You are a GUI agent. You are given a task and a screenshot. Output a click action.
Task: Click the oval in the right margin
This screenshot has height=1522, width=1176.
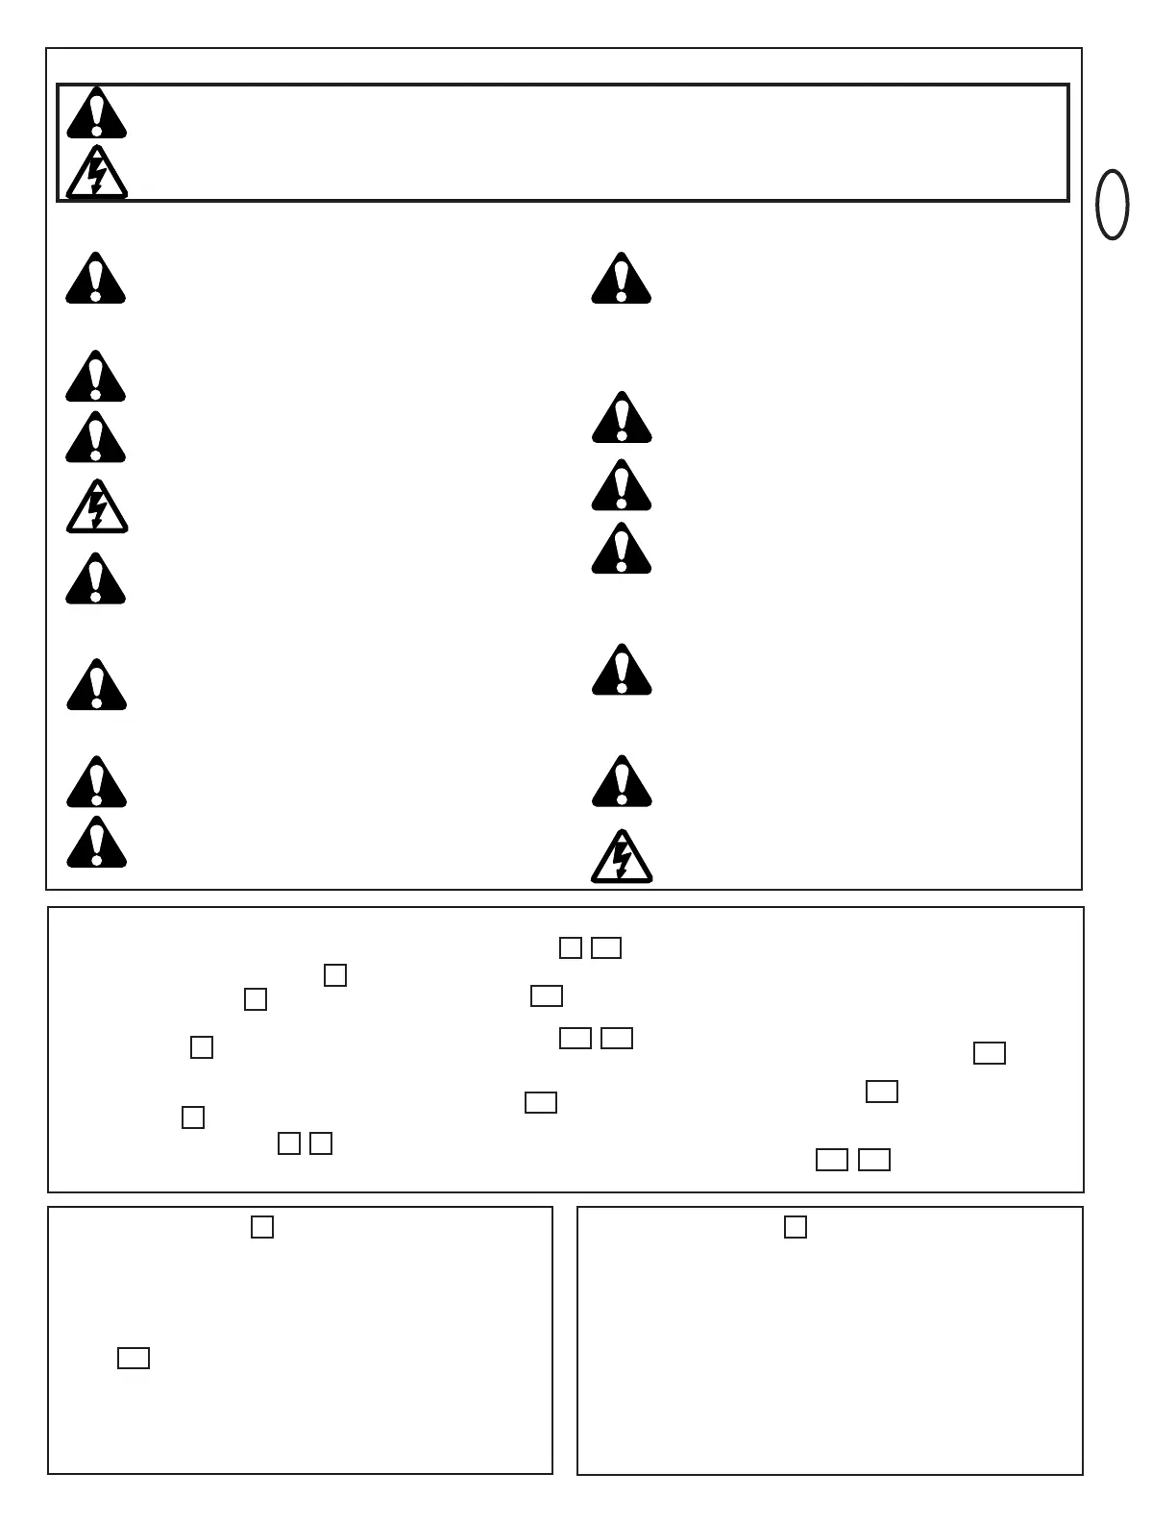1113,205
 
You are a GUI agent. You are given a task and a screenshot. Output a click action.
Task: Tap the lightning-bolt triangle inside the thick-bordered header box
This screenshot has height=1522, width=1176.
96,174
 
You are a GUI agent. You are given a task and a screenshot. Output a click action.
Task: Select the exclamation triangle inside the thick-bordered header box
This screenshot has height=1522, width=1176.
96,114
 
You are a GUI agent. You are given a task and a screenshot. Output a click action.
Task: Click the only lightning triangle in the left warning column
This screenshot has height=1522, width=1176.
96,508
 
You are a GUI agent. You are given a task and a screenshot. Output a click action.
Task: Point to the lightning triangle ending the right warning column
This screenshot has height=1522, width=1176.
622,858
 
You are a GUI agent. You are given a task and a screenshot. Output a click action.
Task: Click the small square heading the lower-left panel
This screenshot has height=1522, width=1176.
262,1227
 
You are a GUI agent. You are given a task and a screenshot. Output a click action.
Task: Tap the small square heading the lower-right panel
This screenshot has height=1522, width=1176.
796,1227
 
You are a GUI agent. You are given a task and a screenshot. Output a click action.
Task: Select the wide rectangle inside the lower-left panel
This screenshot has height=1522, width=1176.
134,1358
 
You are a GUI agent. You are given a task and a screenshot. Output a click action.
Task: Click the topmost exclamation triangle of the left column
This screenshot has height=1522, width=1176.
96,280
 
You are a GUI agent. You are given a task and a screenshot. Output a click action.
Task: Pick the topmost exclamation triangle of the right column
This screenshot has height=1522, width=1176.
622,280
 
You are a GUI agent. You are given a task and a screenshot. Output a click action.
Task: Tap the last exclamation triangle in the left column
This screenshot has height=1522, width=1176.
96,844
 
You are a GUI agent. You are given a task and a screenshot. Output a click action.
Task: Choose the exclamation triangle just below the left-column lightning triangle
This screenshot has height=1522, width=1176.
96,580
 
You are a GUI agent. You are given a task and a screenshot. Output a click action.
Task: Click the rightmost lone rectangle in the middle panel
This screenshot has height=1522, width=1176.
990,1053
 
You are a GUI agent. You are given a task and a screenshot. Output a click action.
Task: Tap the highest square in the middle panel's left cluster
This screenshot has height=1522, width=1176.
335,975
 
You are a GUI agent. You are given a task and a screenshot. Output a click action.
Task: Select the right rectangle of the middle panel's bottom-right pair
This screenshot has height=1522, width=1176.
874,1160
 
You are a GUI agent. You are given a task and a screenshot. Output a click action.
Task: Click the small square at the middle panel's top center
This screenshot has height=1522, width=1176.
571,948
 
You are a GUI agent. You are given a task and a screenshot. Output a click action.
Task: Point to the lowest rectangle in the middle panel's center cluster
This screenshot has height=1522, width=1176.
541,1102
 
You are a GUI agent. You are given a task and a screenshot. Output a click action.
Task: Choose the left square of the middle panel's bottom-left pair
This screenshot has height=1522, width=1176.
289,1143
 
